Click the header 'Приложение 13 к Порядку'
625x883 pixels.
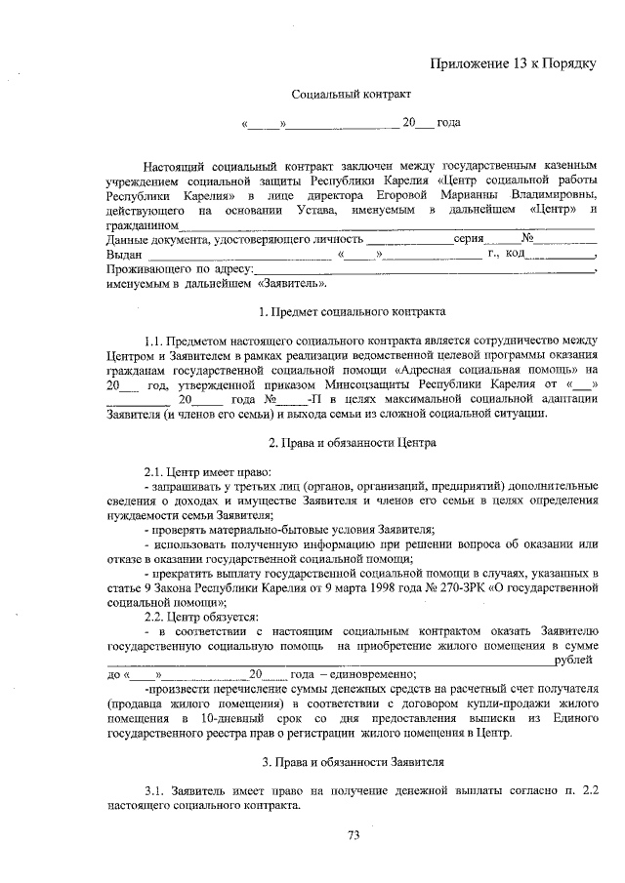tap(513, 64)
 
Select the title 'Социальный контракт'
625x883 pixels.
tap(352, 95)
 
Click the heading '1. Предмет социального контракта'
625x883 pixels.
tap(352, 312)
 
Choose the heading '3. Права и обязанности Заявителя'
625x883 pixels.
tap(353, 760)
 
